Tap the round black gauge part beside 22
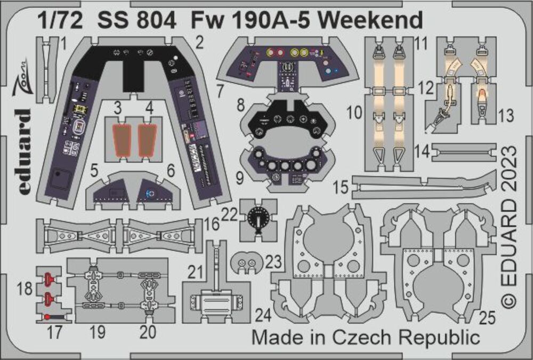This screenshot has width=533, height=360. click(259, 218)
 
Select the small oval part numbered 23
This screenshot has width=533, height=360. click(246, 262)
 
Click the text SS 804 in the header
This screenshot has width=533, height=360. click(137, 21)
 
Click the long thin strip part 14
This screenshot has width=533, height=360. click(465, 153)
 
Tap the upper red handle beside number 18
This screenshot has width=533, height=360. click(49, 278)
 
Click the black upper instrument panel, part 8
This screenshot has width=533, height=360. click(288, 119)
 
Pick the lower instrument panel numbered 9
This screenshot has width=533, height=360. click(288, 165)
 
